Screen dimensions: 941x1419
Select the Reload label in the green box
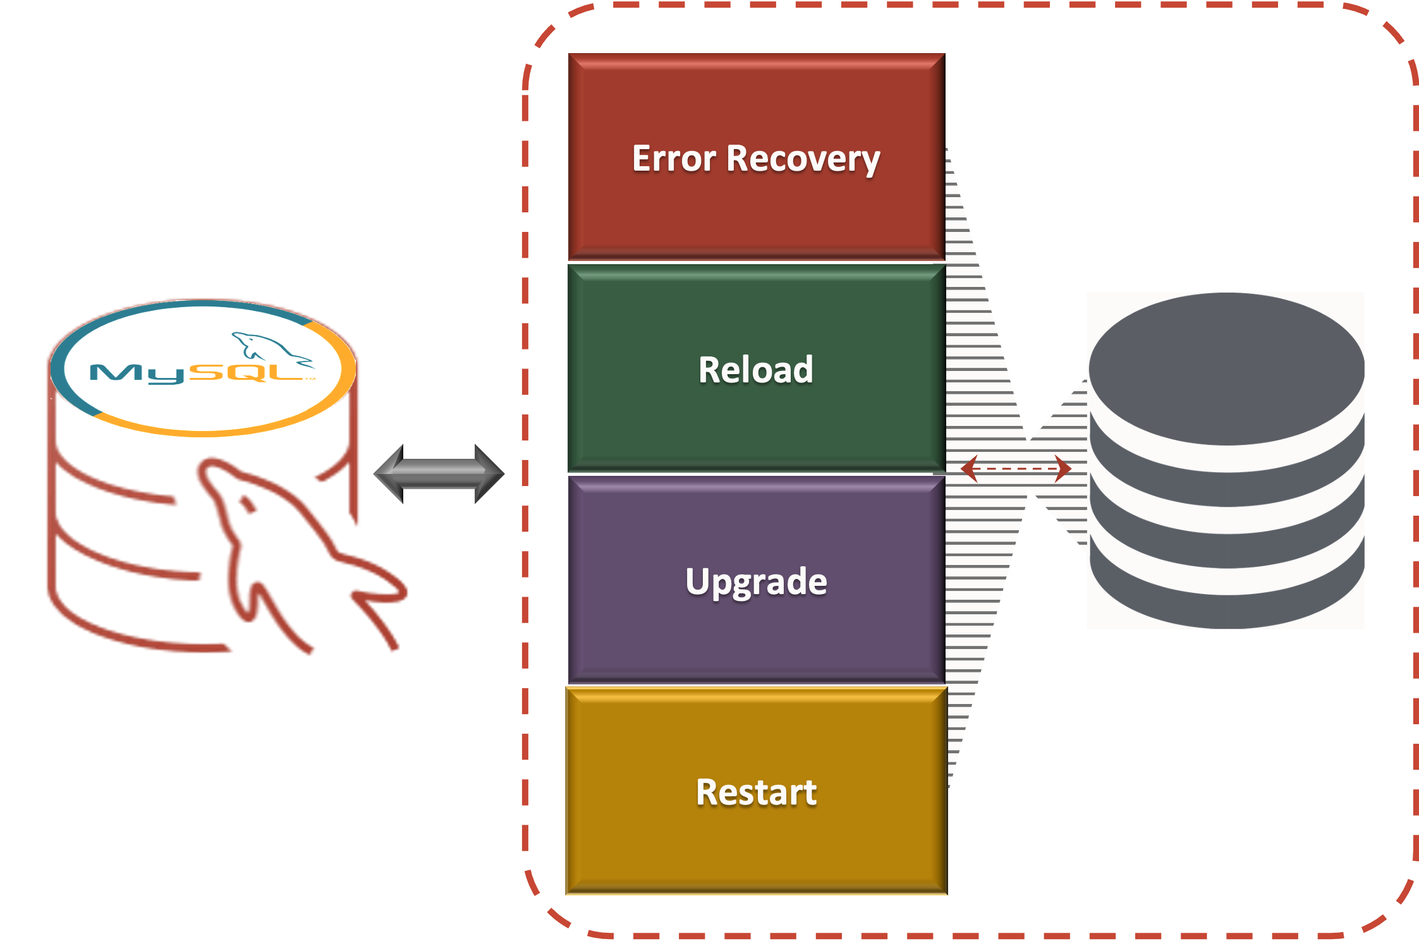[x=755, y=370]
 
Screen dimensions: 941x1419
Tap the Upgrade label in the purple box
[x=756, y=581]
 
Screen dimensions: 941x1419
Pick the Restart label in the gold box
[x=756, y=792]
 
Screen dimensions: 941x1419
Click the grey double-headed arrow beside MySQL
[x=439, y=474]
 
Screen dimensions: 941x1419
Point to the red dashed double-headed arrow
[x=1016, y=469]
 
